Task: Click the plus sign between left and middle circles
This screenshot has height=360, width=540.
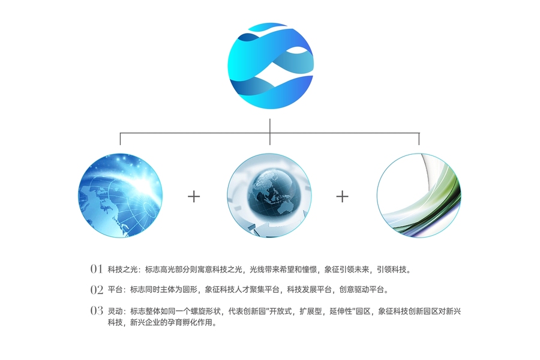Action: (194, 196)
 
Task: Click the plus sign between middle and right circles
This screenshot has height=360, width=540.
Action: (342, 196)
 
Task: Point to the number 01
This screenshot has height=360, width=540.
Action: (97, 269)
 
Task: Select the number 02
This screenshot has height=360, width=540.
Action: (97, 290)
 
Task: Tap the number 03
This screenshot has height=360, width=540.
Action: (97, 311)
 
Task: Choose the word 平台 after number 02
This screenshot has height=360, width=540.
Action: (115, 290)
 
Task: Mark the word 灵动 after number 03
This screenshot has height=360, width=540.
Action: (115, 311)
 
